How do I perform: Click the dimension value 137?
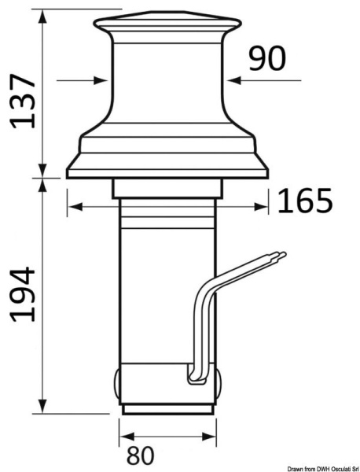pyautogui.click(x=22, y=100)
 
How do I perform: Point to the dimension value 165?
pyautogui.click(x=307, y=203)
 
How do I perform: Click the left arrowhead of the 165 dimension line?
pyautogui.click(x=72, y=207)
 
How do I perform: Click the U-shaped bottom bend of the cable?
pyautogui.click(x=193, y=381)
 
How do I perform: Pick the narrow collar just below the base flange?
pyautogui.click(x=169, y=189)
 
